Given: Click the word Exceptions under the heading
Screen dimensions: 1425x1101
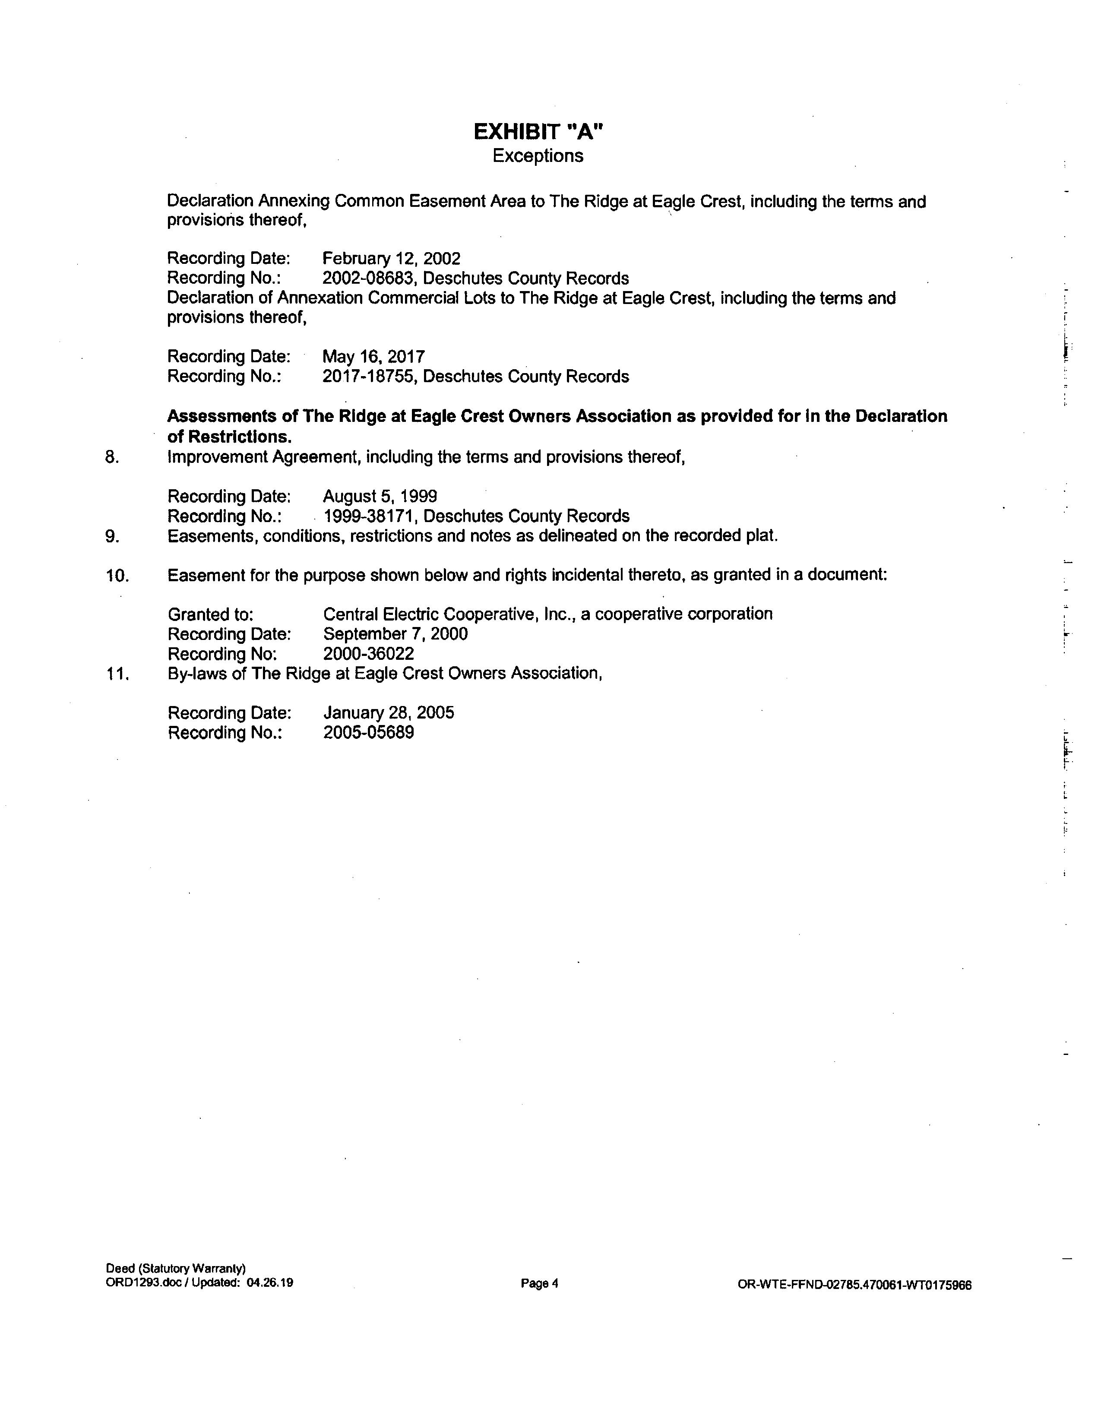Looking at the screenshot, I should point(538,156).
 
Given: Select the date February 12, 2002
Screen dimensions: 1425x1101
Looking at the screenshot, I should point(391,259).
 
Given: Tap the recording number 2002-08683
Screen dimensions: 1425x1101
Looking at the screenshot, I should point(369,279).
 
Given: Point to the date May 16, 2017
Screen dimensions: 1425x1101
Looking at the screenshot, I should point(374,357).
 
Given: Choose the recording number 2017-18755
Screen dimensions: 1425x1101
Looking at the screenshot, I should point(369,377).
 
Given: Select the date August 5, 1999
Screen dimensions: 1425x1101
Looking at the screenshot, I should point(380,497).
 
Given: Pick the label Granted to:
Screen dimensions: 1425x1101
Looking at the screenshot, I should point(211,614).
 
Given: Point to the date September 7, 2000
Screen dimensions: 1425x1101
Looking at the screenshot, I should point(395,634).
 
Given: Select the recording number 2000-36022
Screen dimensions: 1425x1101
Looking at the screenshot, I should point(369,654).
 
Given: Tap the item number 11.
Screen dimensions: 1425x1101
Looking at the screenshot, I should point(117,674).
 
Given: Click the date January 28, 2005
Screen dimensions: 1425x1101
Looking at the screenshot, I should point(389,712).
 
